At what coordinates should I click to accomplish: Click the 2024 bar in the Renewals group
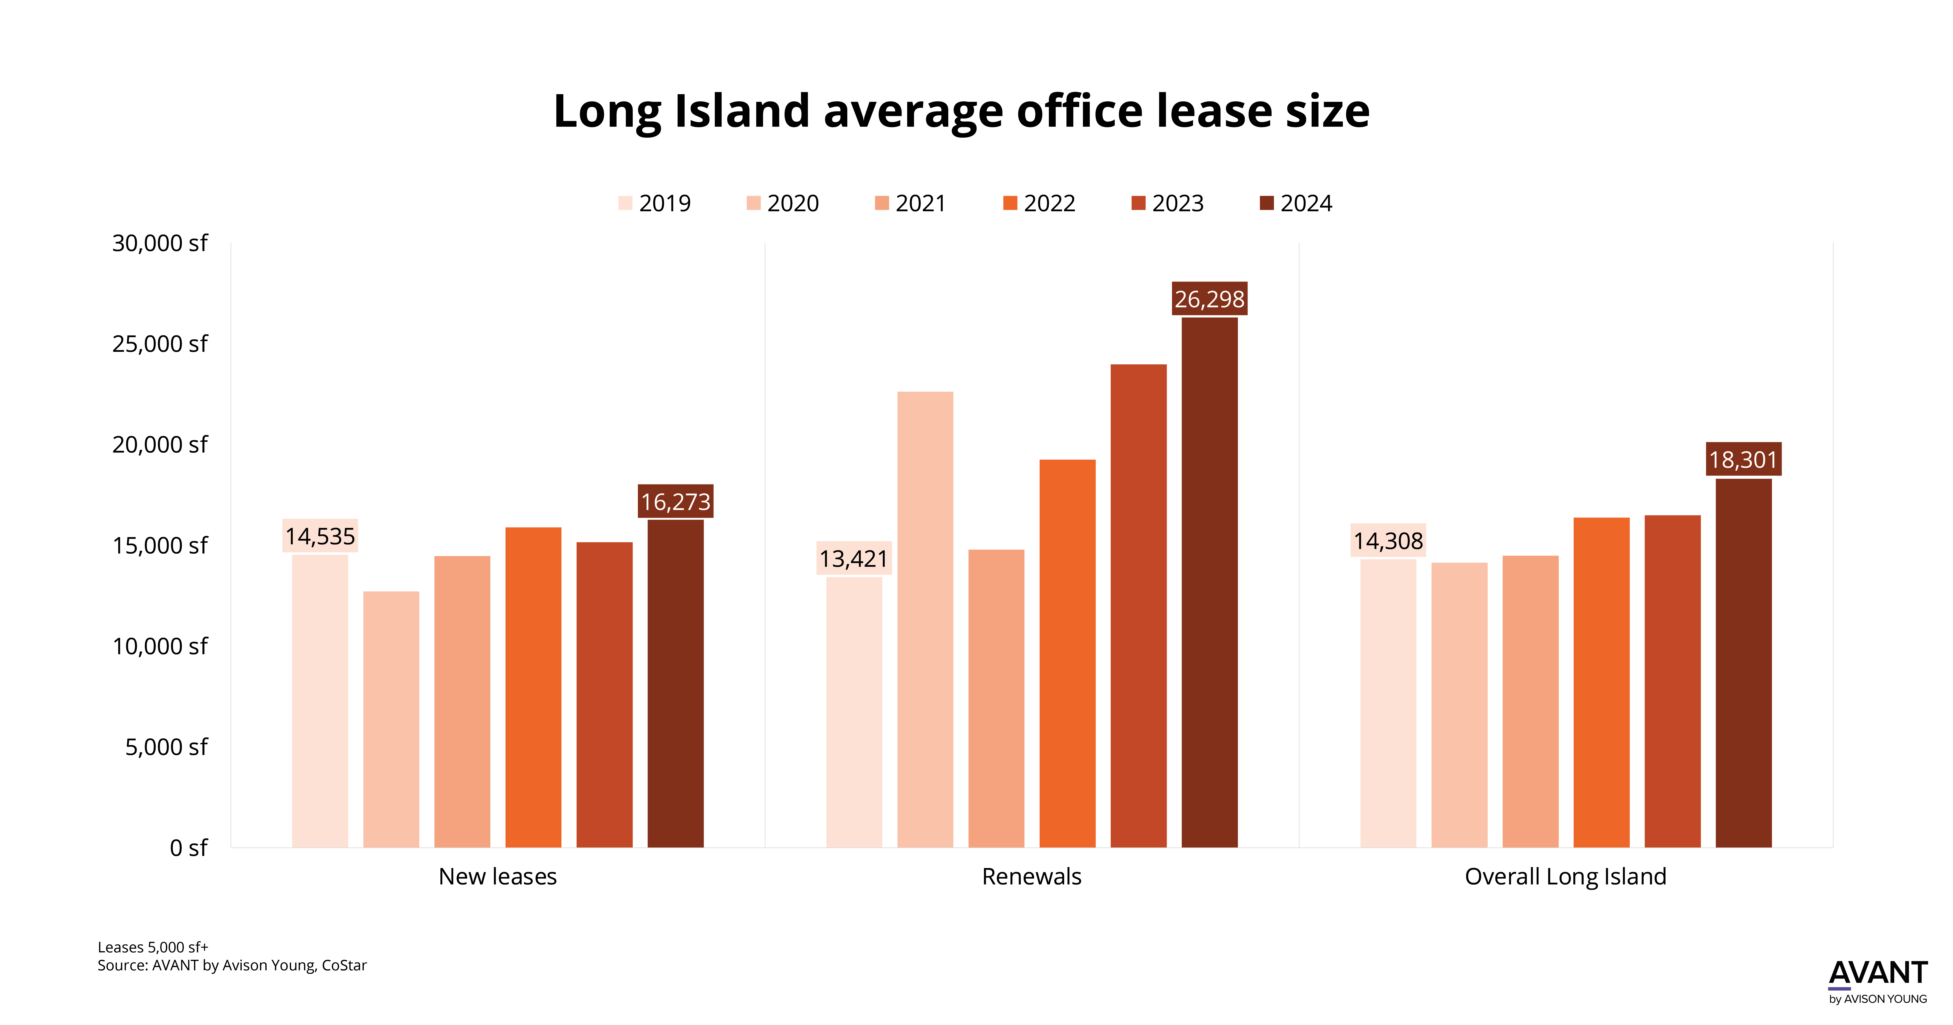pyautogui.click(x=1209, y=582)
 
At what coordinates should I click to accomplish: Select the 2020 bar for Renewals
pyautogui.click(x=925, y=619)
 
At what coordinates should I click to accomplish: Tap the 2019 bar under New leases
pyautogui.click(x=320, y=701)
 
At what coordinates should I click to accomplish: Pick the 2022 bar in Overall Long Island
pyautogui.click(x=1601, y=682)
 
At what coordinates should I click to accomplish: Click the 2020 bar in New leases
pyautogui.click(x=391, y=719)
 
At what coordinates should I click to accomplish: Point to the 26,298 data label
pyautogui.click(x=1209, y=299)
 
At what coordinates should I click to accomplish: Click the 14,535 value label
pyautogui.click(x=320, y=536)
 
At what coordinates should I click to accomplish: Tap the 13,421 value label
pyautogui.click(x=854, y=559)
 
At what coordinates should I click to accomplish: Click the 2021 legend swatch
pyautogui.click(x=881, y=203)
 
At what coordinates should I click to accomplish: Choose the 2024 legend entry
pyautogui.click(x=1296, y=203)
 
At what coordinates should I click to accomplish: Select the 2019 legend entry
pyautogui.click(x=654, y=203)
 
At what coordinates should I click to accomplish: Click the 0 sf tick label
pyautogui.click(x=188, y=848)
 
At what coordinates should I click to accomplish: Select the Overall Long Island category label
pyautogui.click(x=1566, y=876)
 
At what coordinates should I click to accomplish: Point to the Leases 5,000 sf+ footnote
pyautogui.click(x=153, y=947)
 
